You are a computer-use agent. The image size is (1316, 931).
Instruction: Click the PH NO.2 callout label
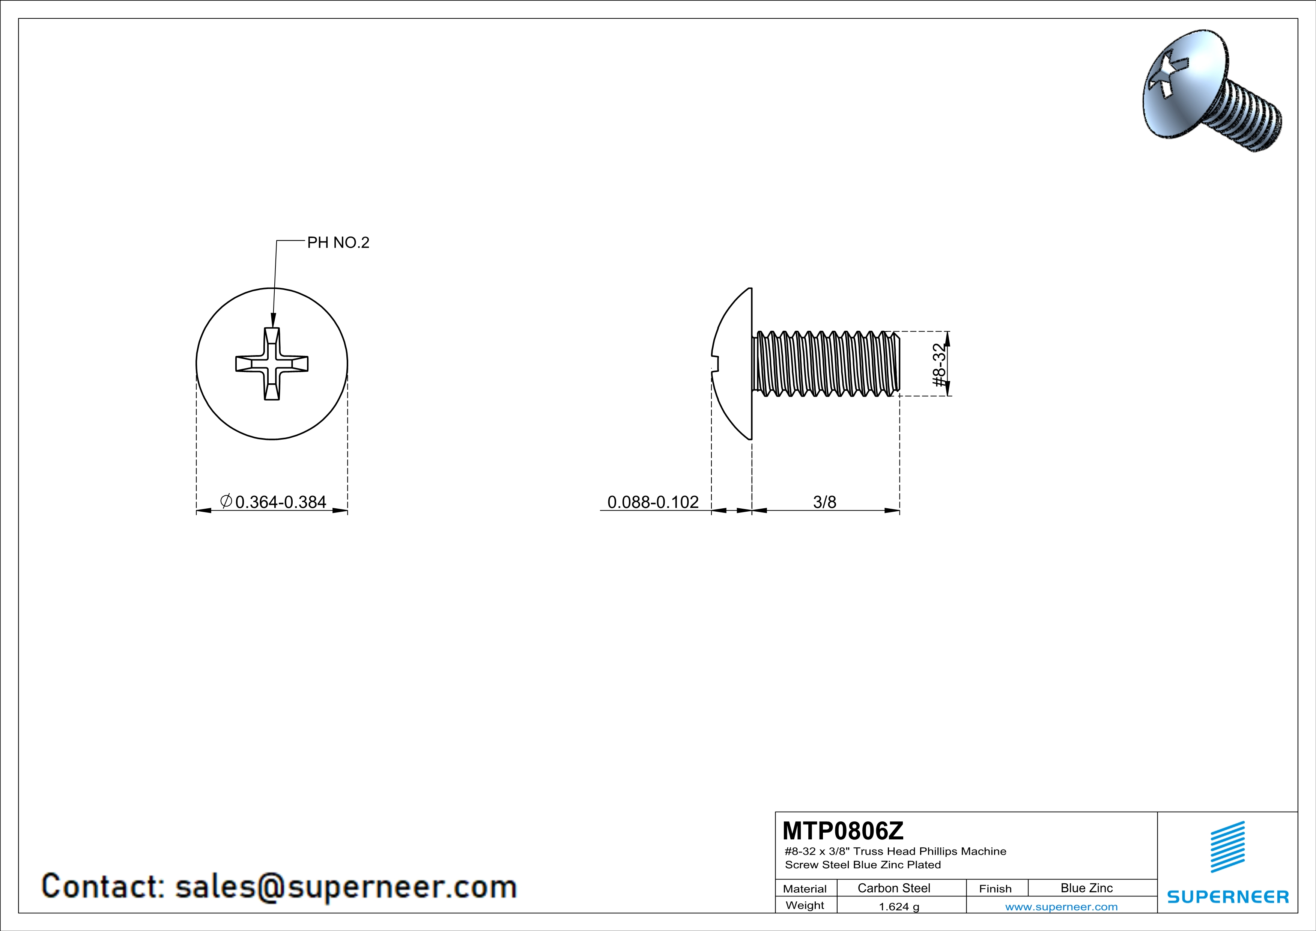coord(338,243)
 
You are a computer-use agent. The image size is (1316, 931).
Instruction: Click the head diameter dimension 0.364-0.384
coord(280,502)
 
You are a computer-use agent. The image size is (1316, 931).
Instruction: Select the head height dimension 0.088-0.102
coord(653,502)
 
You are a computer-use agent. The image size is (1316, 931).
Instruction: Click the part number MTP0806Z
coord(842,831)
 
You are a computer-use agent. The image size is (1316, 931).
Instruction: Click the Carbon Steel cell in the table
coord(893,888)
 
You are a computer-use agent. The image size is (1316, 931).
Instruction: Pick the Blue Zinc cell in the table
coord(1086,888)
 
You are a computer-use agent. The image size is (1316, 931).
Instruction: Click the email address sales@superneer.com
coord(346,886)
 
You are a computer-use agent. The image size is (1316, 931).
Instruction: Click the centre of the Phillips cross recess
coord(272,363)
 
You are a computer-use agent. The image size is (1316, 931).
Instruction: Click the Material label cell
coord(805,889)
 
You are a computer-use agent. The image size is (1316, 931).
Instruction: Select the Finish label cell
coord(995,889)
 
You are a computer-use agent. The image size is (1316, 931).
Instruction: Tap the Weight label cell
coord(805,905)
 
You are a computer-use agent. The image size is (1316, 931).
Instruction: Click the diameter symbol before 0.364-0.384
coord(226,501)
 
